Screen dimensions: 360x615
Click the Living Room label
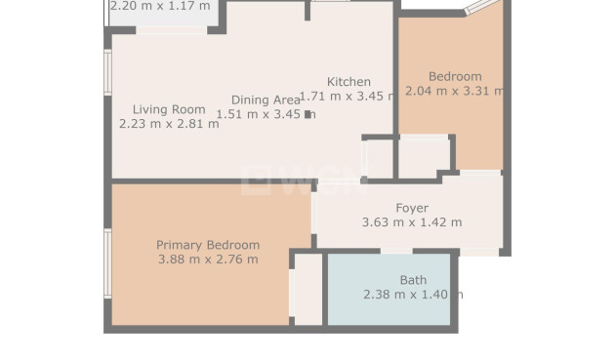[168, 109]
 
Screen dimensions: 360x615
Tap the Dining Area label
[266, 100]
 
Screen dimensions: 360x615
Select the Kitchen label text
[348, 82]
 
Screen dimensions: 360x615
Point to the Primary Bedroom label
[208, 245]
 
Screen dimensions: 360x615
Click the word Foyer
[411, 208]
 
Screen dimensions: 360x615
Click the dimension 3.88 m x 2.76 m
[208, 260]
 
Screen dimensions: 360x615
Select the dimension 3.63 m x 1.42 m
[411, 222]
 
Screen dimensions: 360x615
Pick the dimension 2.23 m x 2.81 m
[168, 124]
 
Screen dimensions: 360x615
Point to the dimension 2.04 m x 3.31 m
[455, 92]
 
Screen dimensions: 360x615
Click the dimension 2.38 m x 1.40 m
[412, 294]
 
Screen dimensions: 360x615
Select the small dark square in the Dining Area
[308, 114]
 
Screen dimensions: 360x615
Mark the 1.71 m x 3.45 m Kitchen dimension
[348, 97]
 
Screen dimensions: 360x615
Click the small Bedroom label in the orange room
[455, 77]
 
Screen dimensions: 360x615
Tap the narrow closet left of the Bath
[307, 289]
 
